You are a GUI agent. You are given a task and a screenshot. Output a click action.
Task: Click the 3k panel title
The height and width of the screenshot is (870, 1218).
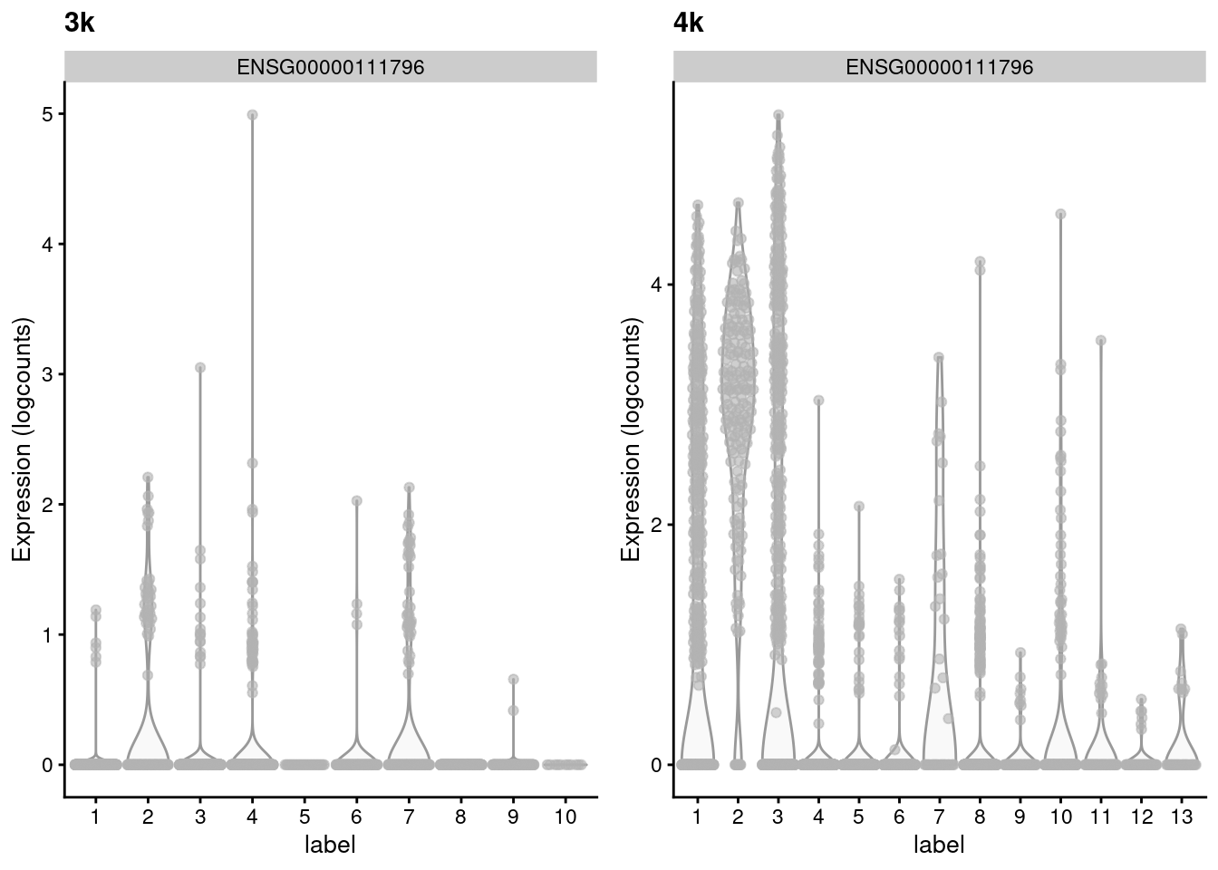80,24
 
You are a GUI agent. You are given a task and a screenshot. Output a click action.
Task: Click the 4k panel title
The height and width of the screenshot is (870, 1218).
689,24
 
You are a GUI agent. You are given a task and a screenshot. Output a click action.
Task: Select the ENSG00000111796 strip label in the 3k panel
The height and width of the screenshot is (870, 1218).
330,67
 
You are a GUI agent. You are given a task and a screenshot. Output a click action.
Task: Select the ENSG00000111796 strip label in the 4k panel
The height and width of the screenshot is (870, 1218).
939,67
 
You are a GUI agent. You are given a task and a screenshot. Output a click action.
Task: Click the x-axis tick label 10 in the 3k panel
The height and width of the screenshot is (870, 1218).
565,817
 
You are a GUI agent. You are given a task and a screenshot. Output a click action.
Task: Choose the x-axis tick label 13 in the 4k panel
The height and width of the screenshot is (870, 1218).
1181,817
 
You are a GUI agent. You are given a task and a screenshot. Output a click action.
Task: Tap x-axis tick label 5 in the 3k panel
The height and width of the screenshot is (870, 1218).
304,817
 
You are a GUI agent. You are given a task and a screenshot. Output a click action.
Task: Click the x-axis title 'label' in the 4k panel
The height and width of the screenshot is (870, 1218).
939,846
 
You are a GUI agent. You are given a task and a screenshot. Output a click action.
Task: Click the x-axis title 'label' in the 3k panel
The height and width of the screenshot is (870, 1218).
330,846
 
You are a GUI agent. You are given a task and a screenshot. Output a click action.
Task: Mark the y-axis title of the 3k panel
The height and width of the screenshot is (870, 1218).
22,440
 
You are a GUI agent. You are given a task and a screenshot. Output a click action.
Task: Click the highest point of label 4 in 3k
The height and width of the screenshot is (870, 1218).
253,115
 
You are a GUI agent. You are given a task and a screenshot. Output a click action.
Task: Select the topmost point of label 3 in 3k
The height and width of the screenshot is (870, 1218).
200,368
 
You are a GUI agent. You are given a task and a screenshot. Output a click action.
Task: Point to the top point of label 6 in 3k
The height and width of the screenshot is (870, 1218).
357,501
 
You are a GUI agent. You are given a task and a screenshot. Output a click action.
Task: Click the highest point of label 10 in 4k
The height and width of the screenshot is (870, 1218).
1060,215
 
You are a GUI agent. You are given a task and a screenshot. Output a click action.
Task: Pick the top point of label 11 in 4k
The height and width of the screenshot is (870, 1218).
1100,341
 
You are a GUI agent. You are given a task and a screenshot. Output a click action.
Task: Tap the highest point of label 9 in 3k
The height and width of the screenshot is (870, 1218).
513,680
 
